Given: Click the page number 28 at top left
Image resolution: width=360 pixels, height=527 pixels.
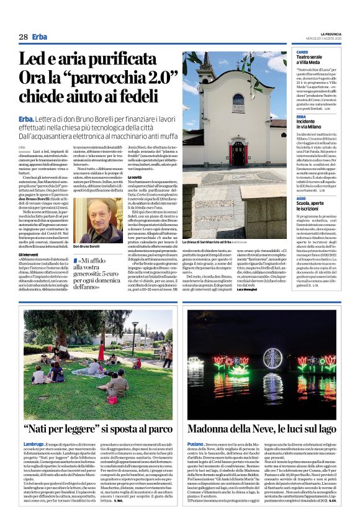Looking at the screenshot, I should pyautogui.click(x=23, y=37).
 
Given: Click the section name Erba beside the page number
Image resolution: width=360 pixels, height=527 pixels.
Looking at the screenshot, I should pyautogui.click(x=40, y=37).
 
